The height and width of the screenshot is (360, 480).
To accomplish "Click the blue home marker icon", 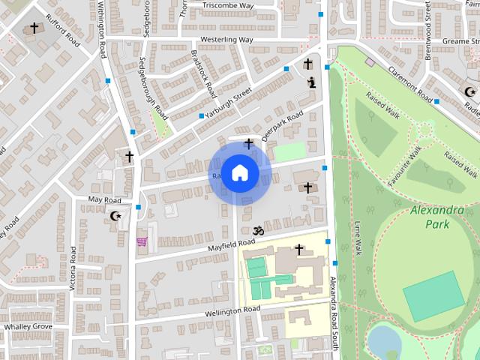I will [x=239, y=173].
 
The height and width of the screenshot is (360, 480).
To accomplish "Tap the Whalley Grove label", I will [x=28, y=327].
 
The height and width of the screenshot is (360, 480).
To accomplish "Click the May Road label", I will [x=105, y=200].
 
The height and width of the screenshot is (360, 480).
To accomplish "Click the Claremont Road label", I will [x=411, y=83].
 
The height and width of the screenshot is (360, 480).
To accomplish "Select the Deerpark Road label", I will [x=286, y=124].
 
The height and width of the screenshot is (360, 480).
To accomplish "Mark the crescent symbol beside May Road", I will [x=115, y=216].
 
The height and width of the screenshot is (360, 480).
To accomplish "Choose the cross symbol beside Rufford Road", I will [x=34, y=28].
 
